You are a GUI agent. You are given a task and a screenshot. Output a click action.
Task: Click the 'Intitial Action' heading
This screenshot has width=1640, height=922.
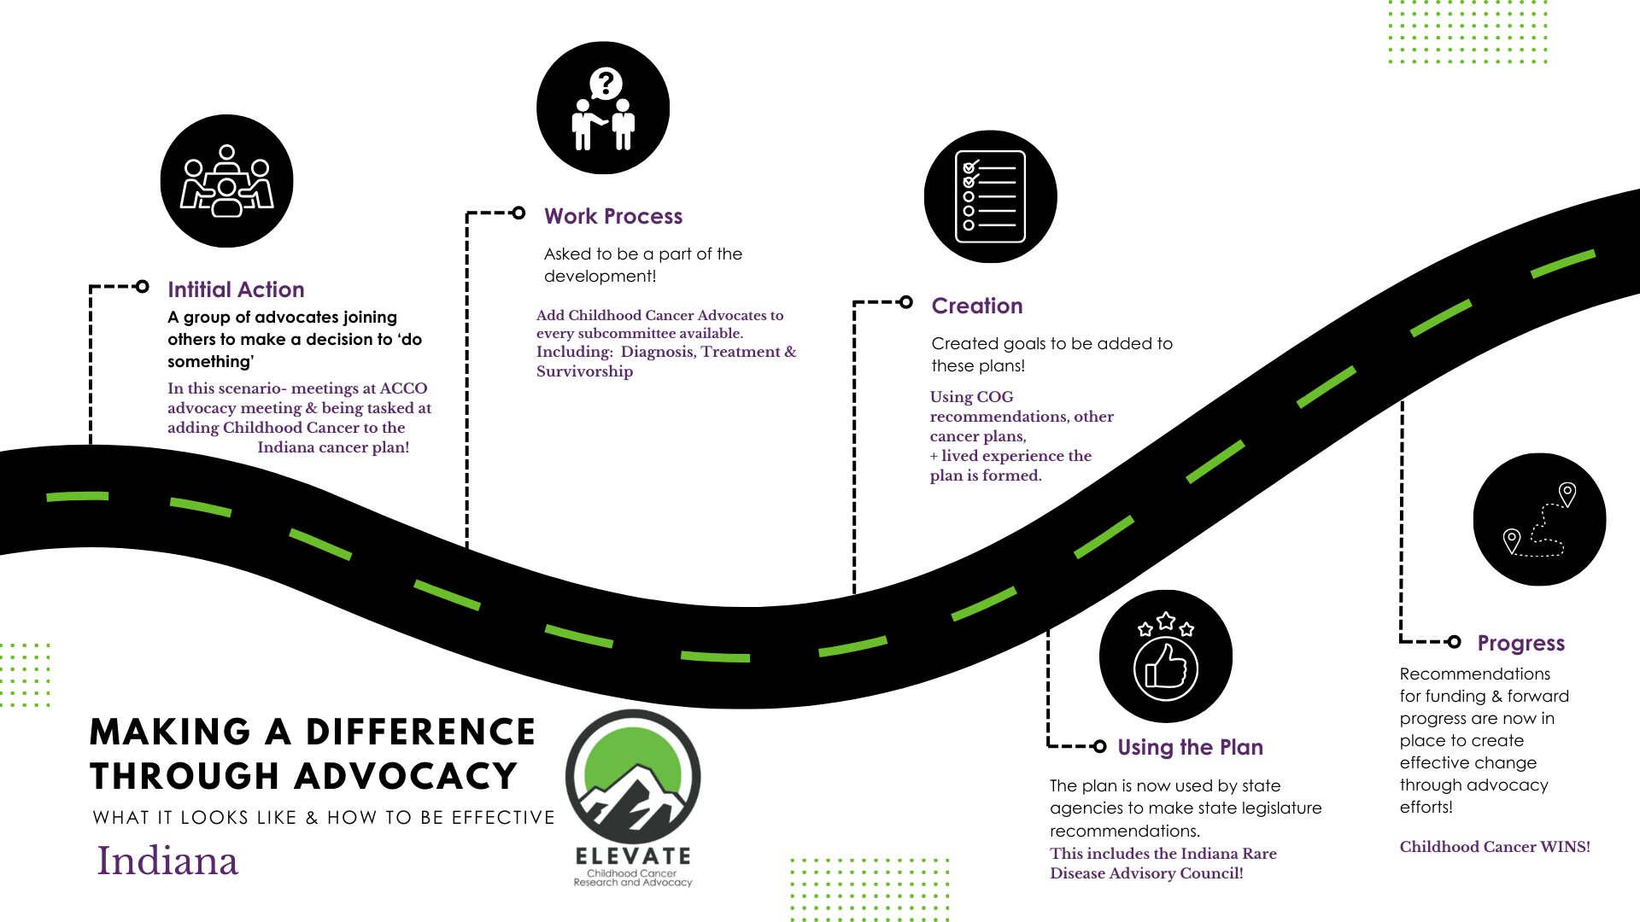coord(236,289)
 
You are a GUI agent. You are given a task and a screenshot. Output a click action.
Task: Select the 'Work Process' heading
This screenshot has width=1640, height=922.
coord(613,216)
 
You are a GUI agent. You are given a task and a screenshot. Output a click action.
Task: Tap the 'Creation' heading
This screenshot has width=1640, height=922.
coord(976,306)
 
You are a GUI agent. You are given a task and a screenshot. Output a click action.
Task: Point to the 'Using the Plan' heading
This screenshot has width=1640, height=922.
coord(1190,747)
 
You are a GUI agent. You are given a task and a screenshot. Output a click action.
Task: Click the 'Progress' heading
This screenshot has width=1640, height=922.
coord(1520,643)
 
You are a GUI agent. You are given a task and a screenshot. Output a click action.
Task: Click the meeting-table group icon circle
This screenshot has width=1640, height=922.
coord(227,181)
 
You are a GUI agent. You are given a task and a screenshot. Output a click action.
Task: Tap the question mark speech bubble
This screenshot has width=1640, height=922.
coord(605,84)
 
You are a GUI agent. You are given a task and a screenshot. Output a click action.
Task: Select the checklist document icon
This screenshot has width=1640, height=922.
coord(990,196)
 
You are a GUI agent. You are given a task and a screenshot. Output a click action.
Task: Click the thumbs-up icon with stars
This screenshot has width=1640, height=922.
coord(1165,656)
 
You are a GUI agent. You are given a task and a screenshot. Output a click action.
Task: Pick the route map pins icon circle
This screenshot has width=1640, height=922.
coord(1539,519)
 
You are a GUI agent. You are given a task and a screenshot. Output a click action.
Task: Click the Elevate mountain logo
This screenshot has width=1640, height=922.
coord(633,777)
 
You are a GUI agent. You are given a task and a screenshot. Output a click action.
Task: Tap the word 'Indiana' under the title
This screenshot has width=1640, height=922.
coord(167,861)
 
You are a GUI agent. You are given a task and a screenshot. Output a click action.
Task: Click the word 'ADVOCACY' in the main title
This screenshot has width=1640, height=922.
coord(409,777)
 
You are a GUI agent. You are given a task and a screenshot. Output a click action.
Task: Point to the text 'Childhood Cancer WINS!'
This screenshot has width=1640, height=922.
coord(1495,847)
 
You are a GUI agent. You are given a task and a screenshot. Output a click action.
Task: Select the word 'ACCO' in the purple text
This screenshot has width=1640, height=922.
coord(403,388)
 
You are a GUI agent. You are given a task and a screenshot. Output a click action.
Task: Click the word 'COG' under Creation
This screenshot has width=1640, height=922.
coord(995,397)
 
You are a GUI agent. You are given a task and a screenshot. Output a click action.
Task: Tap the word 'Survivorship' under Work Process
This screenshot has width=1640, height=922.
coord(584,371)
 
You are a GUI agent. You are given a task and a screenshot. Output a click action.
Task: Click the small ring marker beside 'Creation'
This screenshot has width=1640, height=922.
coord(906,302)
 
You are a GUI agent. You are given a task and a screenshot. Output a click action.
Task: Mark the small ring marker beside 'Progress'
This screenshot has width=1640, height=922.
coord(1454,641)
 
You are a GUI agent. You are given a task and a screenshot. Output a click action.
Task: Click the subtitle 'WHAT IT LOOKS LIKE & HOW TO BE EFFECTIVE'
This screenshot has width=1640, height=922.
coord(324,818)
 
